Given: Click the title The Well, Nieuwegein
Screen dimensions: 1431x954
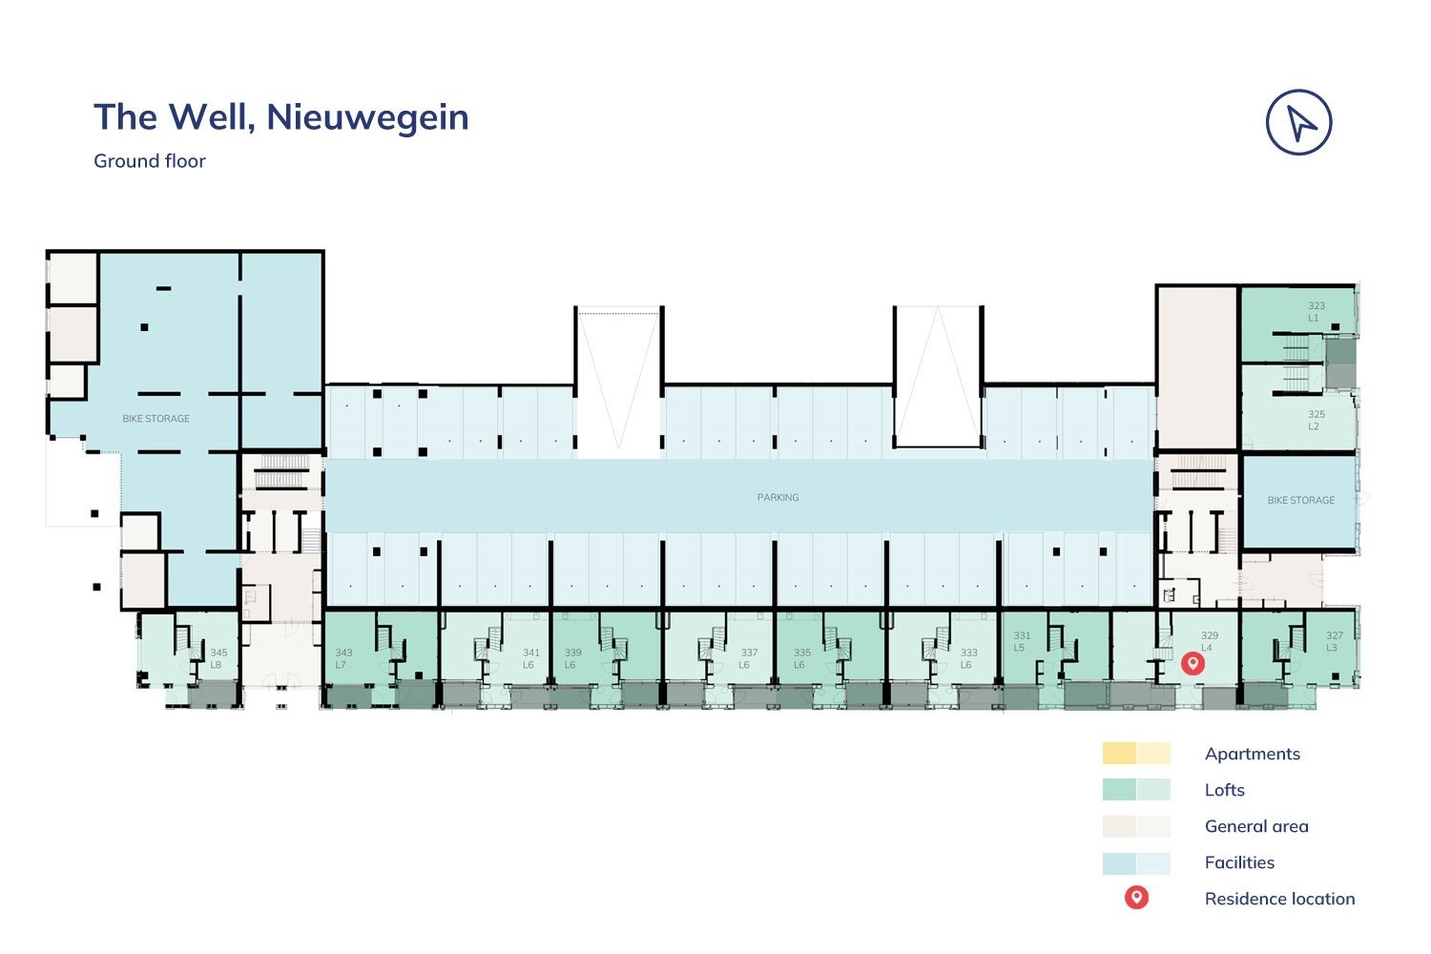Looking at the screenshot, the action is pos(281,117).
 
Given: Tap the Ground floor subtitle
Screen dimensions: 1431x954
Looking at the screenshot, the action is pos(150,161).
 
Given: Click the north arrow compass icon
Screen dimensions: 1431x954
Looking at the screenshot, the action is pos(1298,122).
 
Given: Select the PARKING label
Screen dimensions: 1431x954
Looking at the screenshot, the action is pos(778,497).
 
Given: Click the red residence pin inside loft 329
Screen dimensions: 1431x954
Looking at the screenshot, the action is pos(1192,663).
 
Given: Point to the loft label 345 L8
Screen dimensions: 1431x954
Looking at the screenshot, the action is pos(218,659).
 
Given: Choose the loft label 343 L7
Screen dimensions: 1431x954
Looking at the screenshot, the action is pos(343,659).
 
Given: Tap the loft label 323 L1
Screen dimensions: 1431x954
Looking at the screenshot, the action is pos(1316,312).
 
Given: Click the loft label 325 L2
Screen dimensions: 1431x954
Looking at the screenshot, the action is pos(1316,421).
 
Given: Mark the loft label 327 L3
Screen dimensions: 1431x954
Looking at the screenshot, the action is pos(1334,641).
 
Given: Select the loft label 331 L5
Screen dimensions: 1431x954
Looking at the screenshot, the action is pos(1022,641).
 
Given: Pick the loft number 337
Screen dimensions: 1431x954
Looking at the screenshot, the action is pos(749,653).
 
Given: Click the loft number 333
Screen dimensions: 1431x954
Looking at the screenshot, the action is pos(968,653).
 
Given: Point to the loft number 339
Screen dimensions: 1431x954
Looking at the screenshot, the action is pos(572,653).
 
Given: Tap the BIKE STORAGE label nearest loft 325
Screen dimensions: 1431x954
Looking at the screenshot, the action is pos(1300,500).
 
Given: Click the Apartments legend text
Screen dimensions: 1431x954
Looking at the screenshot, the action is pos(1252,754).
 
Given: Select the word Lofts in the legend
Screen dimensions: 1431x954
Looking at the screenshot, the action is pos(1225,790).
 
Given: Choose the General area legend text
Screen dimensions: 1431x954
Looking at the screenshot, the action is pos(1256,826).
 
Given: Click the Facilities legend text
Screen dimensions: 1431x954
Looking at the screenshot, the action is pos(1239,862).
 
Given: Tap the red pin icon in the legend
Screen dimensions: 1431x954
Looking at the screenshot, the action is pos(1136,898).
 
